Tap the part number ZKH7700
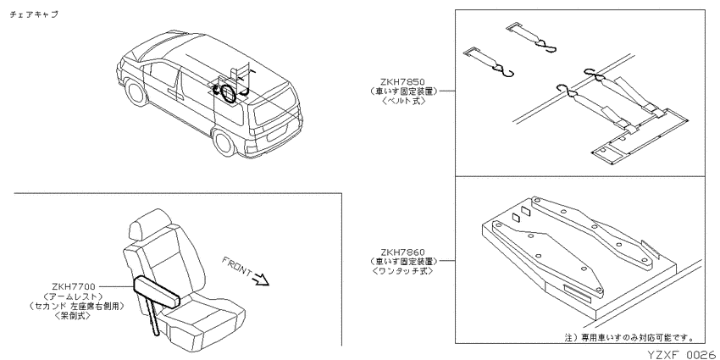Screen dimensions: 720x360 click(x=74, y=287)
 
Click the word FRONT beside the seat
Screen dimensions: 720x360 click(x=236, y=268)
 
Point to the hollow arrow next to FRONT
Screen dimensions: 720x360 click(x=260, y=280)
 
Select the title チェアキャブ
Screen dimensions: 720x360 click(x=34, y=14)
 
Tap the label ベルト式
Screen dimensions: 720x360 click(x=403, y=100)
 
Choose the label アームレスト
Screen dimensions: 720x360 click(x=74, y=296)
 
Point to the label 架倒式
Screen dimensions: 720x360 click(x=73, y=315)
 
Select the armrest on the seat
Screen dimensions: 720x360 click(x=156, y=292)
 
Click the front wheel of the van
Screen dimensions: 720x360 click(x=136, y=91)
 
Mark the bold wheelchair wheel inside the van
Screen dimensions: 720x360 click(x=228, y=93)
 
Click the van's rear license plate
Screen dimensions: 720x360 click(x=275, y=136)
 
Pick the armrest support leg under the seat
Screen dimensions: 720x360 click(x=154, y=318)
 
